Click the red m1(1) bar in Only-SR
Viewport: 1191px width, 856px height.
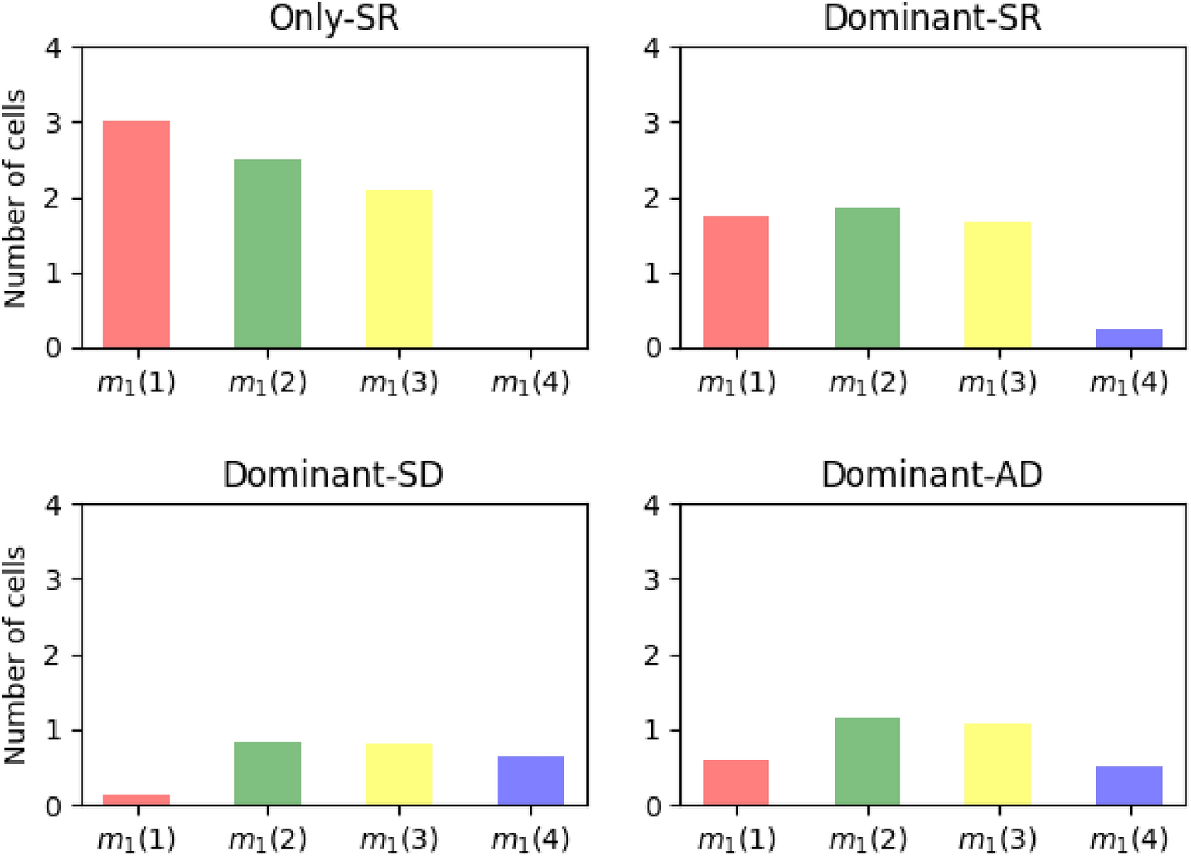pyautogui.click(x=137, y=235)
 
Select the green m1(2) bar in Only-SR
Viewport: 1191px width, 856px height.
pyautogui.click(x=268, y=254)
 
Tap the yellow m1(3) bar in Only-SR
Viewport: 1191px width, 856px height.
pyautogui.click(x=399, y=269)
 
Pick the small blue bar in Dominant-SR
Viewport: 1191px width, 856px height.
pyautogui.click(x=1129, y=339)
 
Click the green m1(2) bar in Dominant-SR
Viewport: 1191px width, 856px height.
pyautogui.click(x=867, y=278)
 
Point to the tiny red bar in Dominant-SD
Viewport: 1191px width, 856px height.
pyautogui.click(x=137, y=799)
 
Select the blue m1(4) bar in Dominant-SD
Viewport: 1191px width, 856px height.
pyautogui.click(x=530, y=781)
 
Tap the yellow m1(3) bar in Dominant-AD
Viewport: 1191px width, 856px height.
pyautogui.click(x=998, y=764)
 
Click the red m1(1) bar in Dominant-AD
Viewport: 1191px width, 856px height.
pyautogui.click(x=736, y=782)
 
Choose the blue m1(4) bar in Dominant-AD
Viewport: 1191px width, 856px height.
pyautogui.click(x=1129, y=785)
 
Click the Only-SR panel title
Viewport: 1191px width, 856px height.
pyautogui.click(x=334, y=18)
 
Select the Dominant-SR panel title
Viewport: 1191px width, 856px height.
pyautogui.click(x=932, y=18)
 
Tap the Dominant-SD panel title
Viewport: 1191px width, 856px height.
pyautogui.click(x=333, y=475)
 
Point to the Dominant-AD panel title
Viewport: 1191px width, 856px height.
pyautogui.click(x=932, y=475)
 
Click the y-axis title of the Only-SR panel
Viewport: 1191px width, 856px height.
pyautogui.click(x=15, y=198)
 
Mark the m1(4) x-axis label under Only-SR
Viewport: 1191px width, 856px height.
pyautogui.click(x=530, y=383)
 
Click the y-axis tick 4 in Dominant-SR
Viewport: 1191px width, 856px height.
pyautogui.click(x=652, y=48)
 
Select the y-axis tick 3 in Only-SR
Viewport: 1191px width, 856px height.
pyautogui.click(x=53, y=123)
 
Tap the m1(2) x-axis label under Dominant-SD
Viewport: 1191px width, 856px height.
pyautogui.click(x=268, y=840)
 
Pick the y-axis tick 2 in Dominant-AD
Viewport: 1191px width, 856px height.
pyautogui.click(x=652, y=656)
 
